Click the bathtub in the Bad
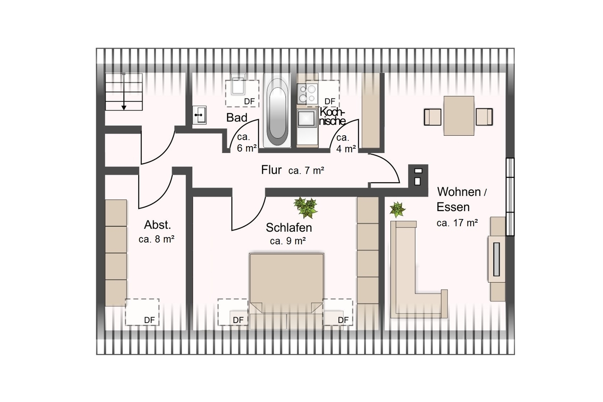click(x=277, y=110)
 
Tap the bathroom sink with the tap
click(x=200, y=115)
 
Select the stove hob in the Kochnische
click(x=307, y=93)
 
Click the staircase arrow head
click(x=124, y=108)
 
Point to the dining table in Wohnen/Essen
click(x=459, y=116)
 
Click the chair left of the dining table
click(x=433, y=117)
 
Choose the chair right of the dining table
click(x=484, y=117)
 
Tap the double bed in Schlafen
click(x=287, y=290)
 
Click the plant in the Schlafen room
click(x=306, y=207)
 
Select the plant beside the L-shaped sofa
click(x=397, y=209)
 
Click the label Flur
click(x=272, y=170)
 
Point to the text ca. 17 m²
click(x=457, y=223)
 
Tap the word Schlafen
click(x=289, y=227)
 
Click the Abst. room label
click(x=157, y=225)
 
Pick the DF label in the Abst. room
click(x=150, y=320)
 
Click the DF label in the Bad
click(x=249, y=101)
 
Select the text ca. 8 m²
click(x=156, y=239)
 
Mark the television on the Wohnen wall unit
click(x=497, y=259)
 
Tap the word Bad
click(x=237, y=118)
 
